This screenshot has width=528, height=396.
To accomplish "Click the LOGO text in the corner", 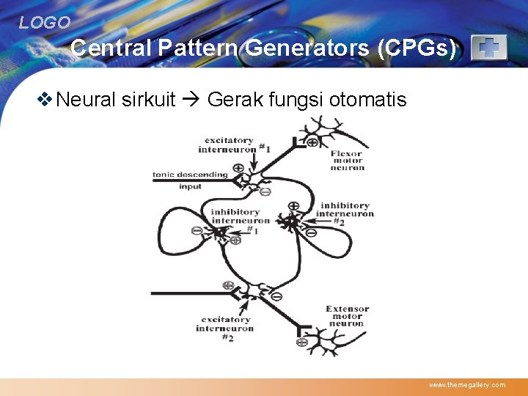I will (45, 23).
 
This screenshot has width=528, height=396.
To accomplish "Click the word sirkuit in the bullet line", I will (149, 99).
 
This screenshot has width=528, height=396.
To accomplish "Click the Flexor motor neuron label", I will (347, 160).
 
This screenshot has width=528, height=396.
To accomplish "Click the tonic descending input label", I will (190, 180).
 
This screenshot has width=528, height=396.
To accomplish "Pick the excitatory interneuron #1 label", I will (230, 144).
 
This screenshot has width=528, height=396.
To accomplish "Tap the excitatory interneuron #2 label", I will (225, 328).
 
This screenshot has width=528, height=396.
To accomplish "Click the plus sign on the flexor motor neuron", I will (312, 142).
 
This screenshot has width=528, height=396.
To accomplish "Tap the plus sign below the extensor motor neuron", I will (301, 341).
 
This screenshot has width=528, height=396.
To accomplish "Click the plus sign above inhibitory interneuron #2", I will (293, 207).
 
